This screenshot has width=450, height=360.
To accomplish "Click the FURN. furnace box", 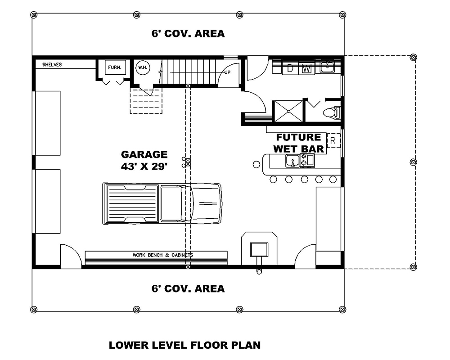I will (x=114, y=68).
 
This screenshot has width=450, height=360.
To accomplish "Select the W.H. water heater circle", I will (x=143, y=68).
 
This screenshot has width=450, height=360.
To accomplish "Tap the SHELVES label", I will (x=52, y=65).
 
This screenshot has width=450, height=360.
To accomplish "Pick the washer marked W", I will (x=306, y=68).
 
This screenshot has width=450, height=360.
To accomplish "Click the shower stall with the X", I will (x=288, y=111).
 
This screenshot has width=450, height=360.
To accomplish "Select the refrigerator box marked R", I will (x=333, y=140).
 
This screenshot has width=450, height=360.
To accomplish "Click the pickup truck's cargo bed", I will (x=132, y=203).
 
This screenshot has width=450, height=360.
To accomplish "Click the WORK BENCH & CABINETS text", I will (x=163, y=255).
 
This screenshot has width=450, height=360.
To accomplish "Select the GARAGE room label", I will (x=144, y=154).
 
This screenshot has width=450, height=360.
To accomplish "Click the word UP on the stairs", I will (x=228, y=72).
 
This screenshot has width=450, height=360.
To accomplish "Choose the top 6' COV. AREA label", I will (x=188, y=33).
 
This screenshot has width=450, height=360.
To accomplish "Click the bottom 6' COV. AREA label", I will (x=188, y=288).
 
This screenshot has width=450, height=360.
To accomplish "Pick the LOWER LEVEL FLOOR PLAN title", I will (x=184, y=345).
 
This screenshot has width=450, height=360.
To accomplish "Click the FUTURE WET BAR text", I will (x=298, y=143).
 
